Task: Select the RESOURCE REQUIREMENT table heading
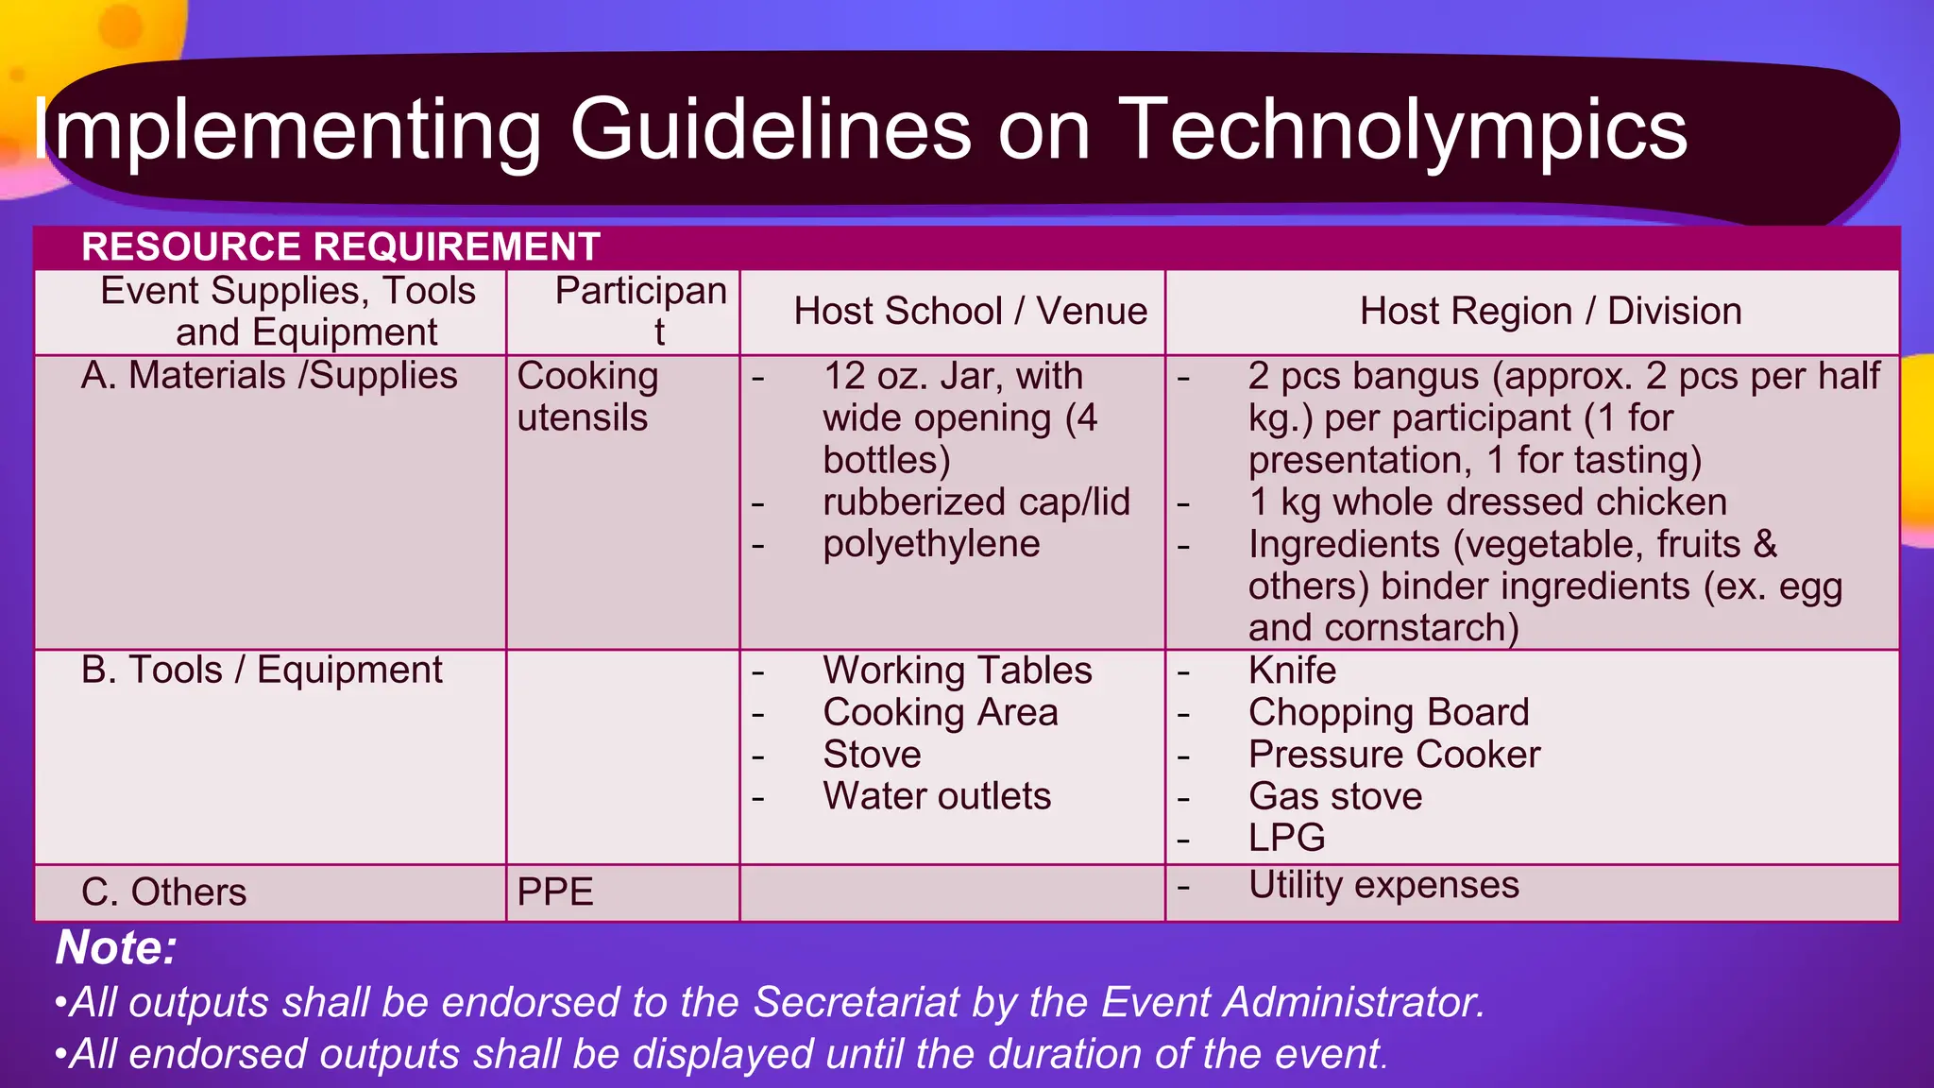341,247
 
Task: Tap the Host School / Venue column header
970,312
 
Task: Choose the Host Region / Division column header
1551,312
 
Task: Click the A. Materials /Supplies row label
269,376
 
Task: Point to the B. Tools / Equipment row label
262,671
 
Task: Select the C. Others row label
164,892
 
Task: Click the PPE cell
555,892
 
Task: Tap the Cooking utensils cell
587,397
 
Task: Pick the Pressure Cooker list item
1394,755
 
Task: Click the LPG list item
1287,838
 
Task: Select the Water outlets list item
937,796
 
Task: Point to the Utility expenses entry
1383,885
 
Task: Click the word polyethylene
931,544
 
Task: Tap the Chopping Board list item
1388,713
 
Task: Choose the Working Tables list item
958,671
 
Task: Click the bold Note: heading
116,947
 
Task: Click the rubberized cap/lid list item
976,502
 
